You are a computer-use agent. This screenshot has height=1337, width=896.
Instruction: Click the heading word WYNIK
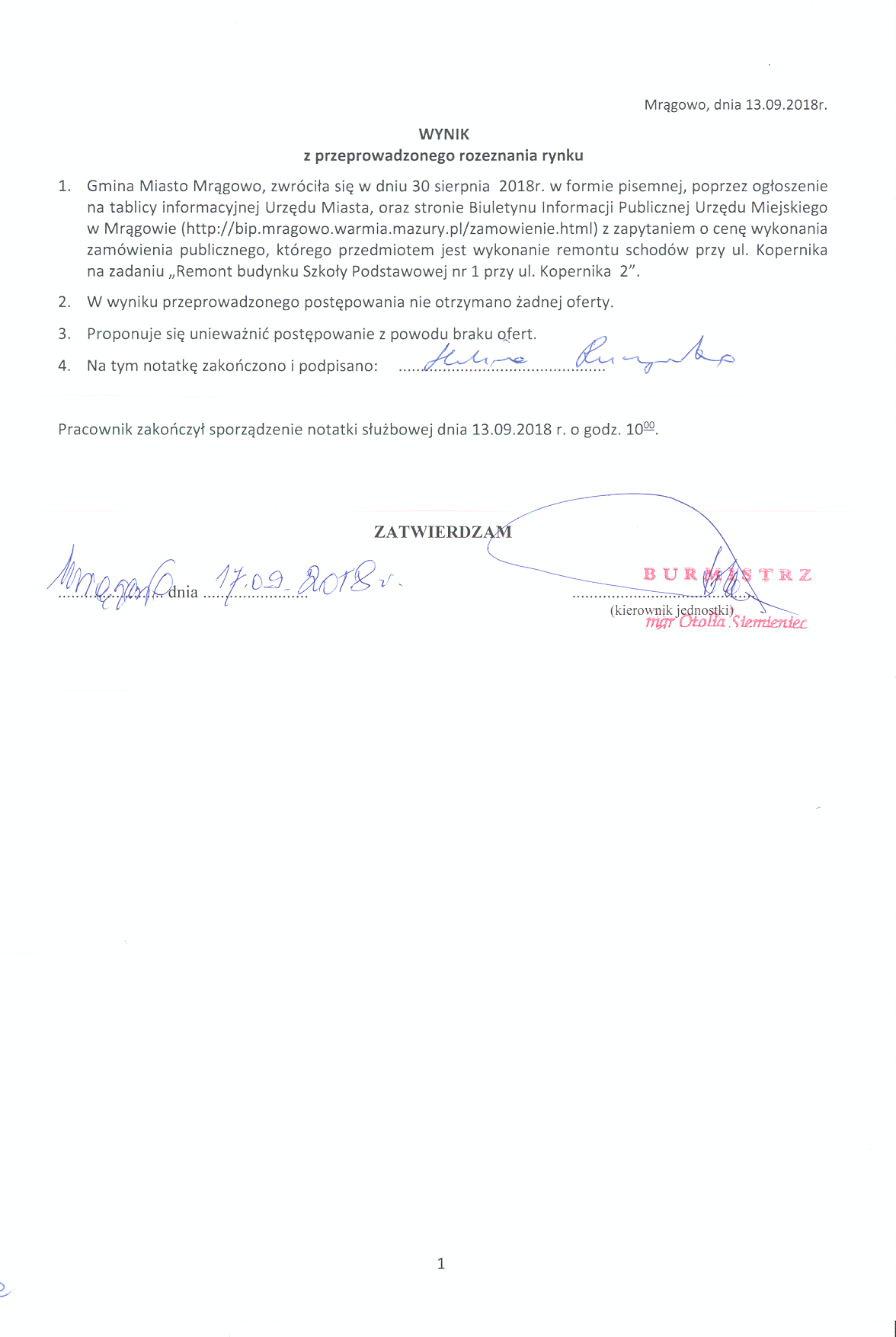(x=444, y=134)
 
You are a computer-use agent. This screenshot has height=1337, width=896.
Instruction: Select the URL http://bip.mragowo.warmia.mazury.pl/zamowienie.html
(x=389, y=229)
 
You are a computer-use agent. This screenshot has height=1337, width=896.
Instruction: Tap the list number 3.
(x=65, y=334)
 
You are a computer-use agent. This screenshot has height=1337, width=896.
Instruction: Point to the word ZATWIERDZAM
(x=443, y=532)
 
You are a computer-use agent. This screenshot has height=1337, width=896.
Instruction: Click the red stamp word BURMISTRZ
(x=727, y=574)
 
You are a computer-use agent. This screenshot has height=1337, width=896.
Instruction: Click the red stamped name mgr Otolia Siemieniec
(x=725, y=622)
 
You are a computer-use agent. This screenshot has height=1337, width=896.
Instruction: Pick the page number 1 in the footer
(x=441, y=1263)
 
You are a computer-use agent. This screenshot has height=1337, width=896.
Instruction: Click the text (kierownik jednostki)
(x=671, y=609)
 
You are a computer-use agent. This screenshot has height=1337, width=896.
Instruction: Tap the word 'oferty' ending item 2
(x=588, y=302)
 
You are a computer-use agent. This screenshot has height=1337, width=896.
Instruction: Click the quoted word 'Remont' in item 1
(x=202, y=271)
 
